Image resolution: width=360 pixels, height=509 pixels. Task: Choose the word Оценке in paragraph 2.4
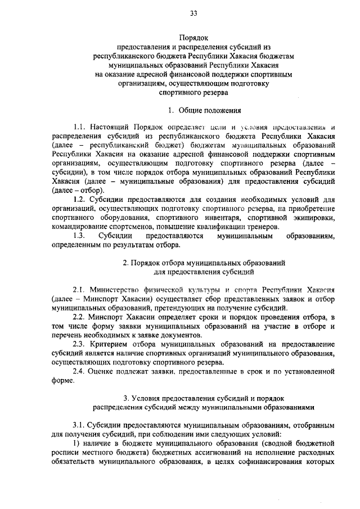click(105, 371)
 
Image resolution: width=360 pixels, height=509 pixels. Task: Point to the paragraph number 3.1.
click(79, 425)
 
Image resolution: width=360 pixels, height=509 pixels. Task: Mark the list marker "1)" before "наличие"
click(77, 443)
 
